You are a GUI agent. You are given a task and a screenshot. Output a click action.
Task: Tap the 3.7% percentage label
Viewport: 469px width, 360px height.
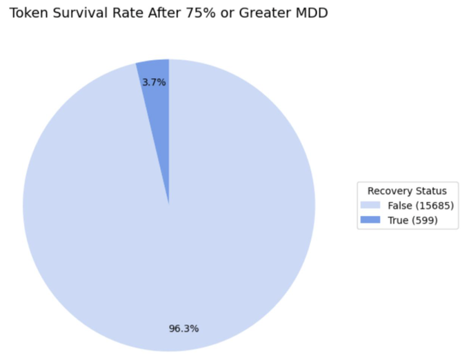pyautogui.click(x=154, y=82)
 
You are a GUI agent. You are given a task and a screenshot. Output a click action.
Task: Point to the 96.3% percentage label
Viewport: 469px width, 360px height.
pyautogui.click(x=183, y=328)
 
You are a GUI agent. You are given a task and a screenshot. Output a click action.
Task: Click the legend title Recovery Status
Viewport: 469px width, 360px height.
pyautogui.click(x=407, y=191)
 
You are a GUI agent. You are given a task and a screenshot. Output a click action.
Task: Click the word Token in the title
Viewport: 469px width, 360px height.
pyautogui.click(x=28, y=13)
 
